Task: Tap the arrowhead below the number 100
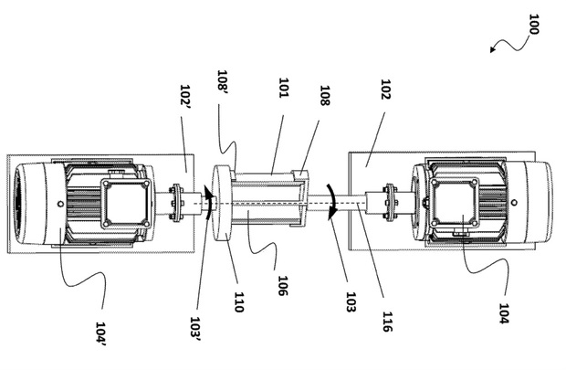493,51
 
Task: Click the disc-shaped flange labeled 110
221,203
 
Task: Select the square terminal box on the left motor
124,204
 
